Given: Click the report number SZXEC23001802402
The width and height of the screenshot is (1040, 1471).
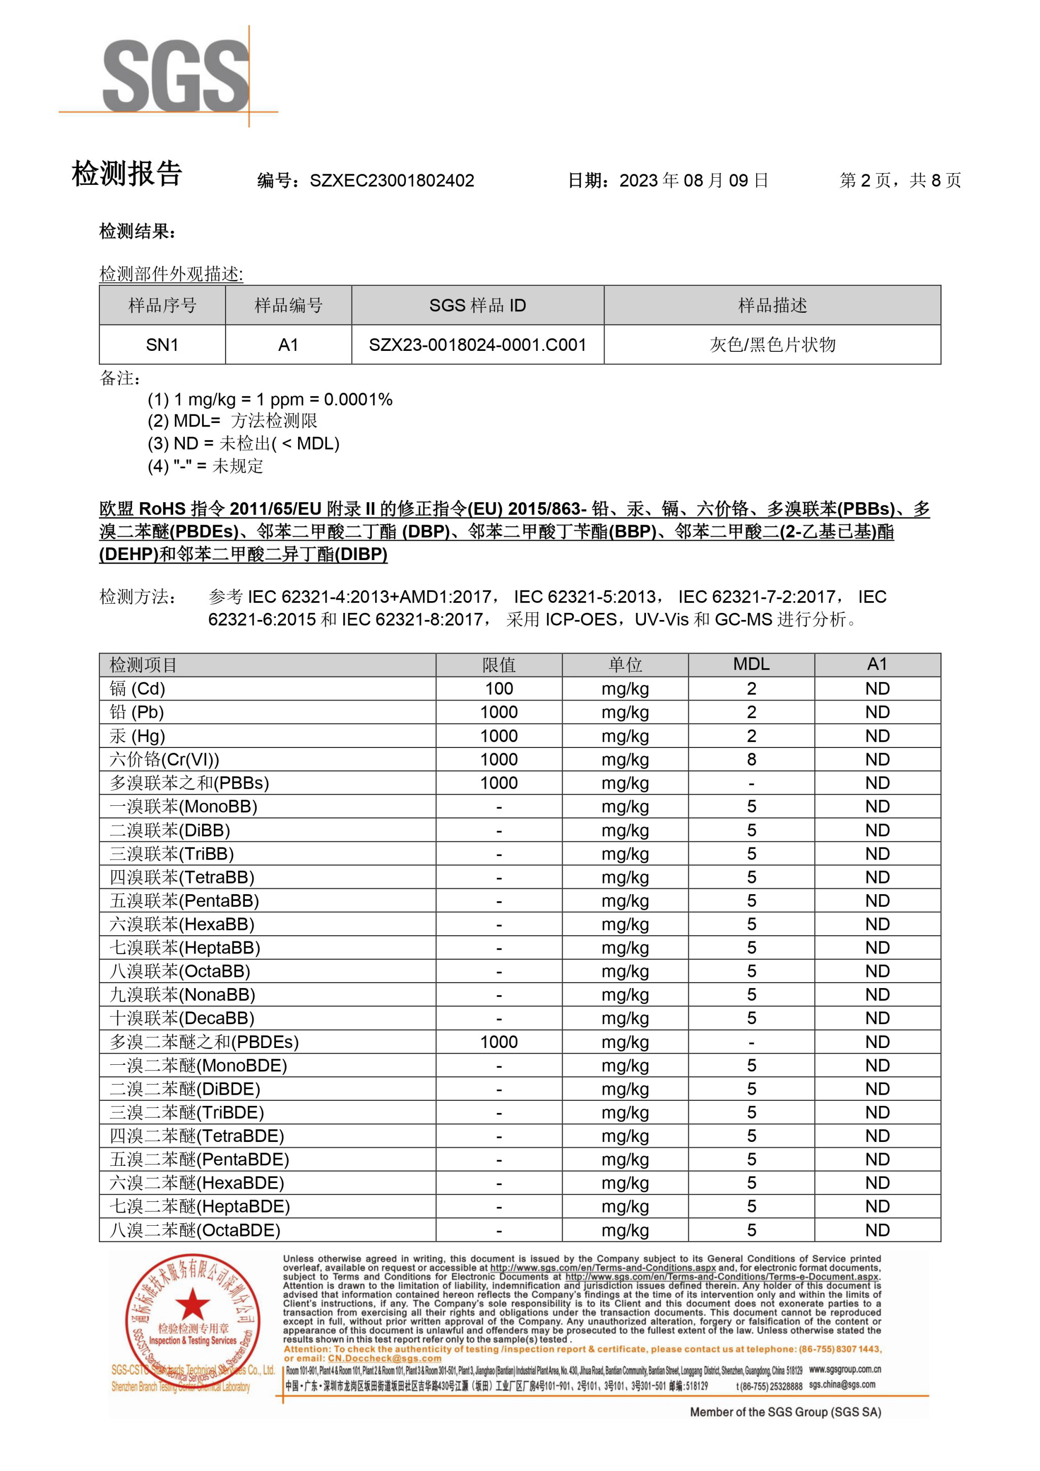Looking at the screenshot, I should coord(392,181).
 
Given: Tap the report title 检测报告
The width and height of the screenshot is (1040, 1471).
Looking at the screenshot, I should coord(127,174).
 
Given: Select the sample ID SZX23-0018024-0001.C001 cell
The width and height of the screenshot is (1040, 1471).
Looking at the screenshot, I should coord(477,345).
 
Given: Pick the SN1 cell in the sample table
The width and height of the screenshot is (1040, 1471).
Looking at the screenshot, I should coord(162,345).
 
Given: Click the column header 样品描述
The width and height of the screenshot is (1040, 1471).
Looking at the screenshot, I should coord(772,306).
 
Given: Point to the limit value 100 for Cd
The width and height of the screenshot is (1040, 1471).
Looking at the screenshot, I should coord(499,689).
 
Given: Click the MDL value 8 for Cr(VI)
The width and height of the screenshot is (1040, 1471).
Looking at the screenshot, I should coord(751,759).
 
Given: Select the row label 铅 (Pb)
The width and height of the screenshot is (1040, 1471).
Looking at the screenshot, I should coord(137,712).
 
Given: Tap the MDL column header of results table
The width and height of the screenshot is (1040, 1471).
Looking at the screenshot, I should coord(751,664).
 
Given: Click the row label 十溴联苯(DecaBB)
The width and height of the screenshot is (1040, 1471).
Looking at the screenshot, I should coord(182,1018).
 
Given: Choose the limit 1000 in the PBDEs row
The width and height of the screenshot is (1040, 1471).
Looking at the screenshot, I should coord(499,1042).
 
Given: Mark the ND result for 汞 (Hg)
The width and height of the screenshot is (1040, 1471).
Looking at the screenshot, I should coord(877,735).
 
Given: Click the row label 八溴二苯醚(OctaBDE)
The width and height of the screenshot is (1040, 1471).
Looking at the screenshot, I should coord(195,1230).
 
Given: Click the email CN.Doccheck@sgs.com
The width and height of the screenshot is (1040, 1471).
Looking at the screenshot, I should coord(384,1358).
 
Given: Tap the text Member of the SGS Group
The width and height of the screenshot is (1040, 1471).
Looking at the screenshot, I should coord(785,1412).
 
